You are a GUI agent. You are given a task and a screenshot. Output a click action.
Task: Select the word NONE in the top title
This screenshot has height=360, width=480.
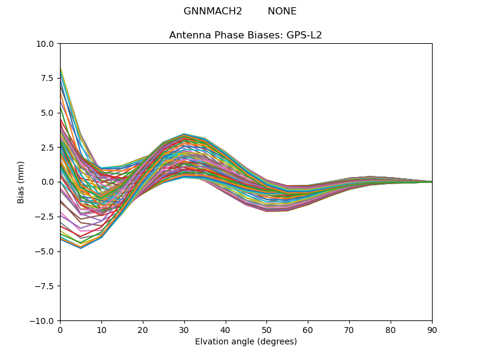(282, 11)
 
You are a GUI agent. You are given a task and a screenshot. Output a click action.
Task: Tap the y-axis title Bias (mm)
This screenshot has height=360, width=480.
(21, 182)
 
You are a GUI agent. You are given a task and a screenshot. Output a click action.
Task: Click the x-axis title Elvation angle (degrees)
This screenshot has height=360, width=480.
(246, 342)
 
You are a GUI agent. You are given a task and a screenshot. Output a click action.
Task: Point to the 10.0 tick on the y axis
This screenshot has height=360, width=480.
(47, 43)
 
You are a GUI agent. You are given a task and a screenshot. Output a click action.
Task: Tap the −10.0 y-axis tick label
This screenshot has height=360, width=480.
(44, 320)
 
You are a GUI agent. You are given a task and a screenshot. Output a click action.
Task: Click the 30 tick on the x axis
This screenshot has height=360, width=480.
(184, 329)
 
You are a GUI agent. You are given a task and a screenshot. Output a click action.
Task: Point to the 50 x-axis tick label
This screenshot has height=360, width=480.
(266, 329)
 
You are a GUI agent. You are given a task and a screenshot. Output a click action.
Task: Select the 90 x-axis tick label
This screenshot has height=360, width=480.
(432, 329)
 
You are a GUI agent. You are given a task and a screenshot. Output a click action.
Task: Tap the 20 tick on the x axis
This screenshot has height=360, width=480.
(143, 329)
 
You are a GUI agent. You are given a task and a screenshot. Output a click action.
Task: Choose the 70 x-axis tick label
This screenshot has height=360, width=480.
(349, 329)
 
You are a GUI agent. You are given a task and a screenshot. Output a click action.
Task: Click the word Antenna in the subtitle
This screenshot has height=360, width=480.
(188, 35)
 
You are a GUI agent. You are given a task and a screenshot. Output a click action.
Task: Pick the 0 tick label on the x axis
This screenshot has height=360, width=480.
(60, 329)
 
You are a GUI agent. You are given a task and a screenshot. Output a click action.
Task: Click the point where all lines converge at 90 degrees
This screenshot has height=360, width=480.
(431, 182)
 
